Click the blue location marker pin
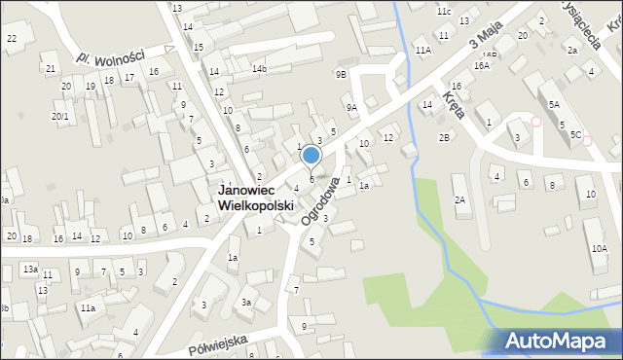[311, 156]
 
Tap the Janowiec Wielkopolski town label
[257, 199]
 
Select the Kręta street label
[453, 103]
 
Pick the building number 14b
[259, 69]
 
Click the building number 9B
[341, 74]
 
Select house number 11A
[422, 50]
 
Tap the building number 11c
[444, 12]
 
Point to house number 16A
[482, 65]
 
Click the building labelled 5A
[554, 104]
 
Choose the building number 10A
[599, 249]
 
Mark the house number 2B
[444, 137]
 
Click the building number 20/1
[60, 117]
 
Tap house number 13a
[30, 269]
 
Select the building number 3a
[247, 303]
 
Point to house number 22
[12, 38]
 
